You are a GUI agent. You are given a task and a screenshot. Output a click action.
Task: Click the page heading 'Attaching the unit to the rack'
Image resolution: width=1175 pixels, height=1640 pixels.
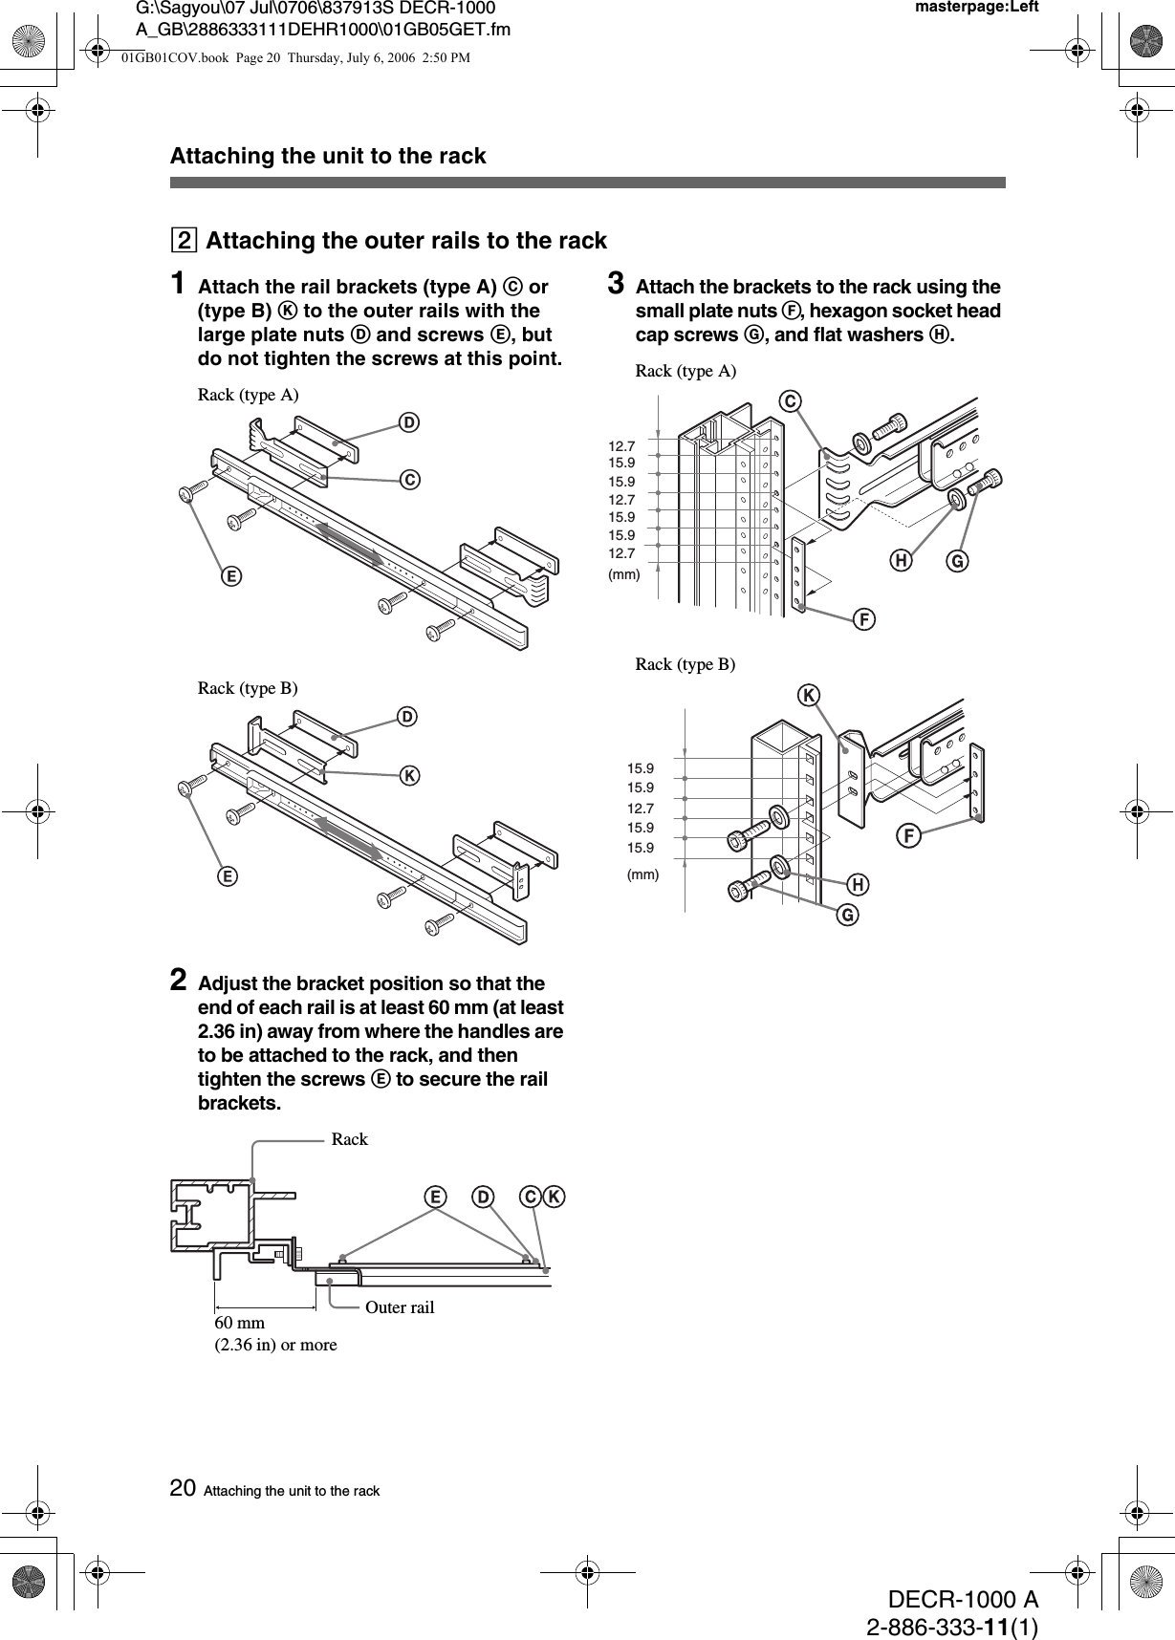(328, 156)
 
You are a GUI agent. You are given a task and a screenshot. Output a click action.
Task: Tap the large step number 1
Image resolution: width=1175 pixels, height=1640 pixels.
(178, 284)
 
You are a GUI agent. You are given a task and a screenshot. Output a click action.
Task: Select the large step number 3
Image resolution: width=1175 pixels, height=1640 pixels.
(617, 284)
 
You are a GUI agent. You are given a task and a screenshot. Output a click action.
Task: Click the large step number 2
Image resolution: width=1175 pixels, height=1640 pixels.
(178, 981)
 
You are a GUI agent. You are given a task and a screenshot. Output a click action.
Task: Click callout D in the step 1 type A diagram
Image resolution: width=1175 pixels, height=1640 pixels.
(408, 422)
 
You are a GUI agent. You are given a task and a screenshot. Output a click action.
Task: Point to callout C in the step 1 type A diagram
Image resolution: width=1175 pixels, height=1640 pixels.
(408, 480)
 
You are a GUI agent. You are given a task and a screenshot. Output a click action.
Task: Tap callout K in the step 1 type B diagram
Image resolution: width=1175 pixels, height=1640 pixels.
(408, 775)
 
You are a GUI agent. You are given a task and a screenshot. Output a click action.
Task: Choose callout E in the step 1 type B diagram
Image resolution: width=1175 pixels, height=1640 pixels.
(228, 875)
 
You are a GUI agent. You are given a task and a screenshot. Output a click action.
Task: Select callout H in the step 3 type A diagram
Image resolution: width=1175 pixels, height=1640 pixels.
(899, 562)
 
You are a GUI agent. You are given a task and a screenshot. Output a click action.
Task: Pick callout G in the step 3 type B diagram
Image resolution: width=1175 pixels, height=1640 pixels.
(846, 916)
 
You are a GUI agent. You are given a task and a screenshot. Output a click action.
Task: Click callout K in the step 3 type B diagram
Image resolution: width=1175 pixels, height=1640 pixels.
(810, 695)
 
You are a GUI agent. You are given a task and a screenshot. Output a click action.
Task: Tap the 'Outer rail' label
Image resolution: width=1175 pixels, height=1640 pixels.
(400, 1306)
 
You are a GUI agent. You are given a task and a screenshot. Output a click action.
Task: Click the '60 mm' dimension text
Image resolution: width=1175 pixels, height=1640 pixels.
(240, 1322)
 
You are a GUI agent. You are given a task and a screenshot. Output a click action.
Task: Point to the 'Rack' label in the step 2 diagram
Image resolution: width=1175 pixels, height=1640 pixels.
(349, 1139)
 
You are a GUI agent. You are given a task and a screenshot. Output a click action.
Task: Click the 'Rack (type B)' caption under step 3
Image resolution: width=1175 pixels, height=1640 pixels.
(685, 664)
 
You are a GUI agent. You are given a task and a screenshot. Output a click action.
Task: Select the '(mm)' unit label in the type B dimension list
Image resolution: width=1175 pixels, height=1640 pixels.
(642, 874)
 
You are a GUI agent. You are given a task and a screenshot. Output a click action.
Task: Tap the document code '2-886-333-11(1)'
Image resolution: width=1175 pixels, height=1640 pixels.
(952, 1627)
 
